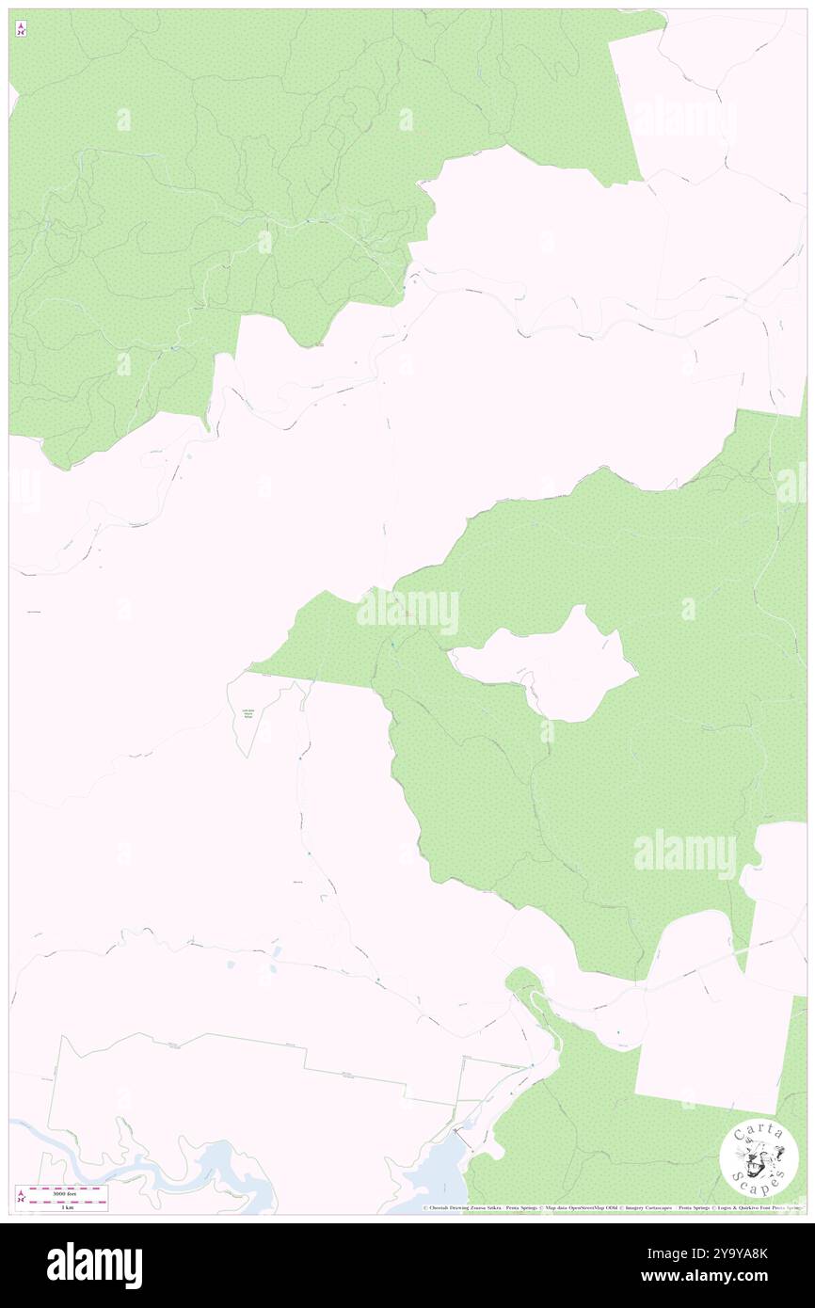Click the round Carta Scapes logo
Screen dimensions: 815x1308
tap(759, 1159)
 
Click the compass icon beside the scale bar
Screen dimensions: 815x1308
tap(21, 1197)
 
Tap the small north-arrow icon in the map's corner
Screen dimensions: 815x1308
tap(21, 30)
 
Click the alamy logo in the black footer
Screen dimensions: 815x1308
tap(94, 1265)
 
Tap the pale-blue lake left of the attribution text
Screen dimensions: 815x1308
tap(433, 1176)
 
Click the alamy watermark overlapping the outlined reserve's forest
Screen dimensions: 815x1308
tap(407, 612)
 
